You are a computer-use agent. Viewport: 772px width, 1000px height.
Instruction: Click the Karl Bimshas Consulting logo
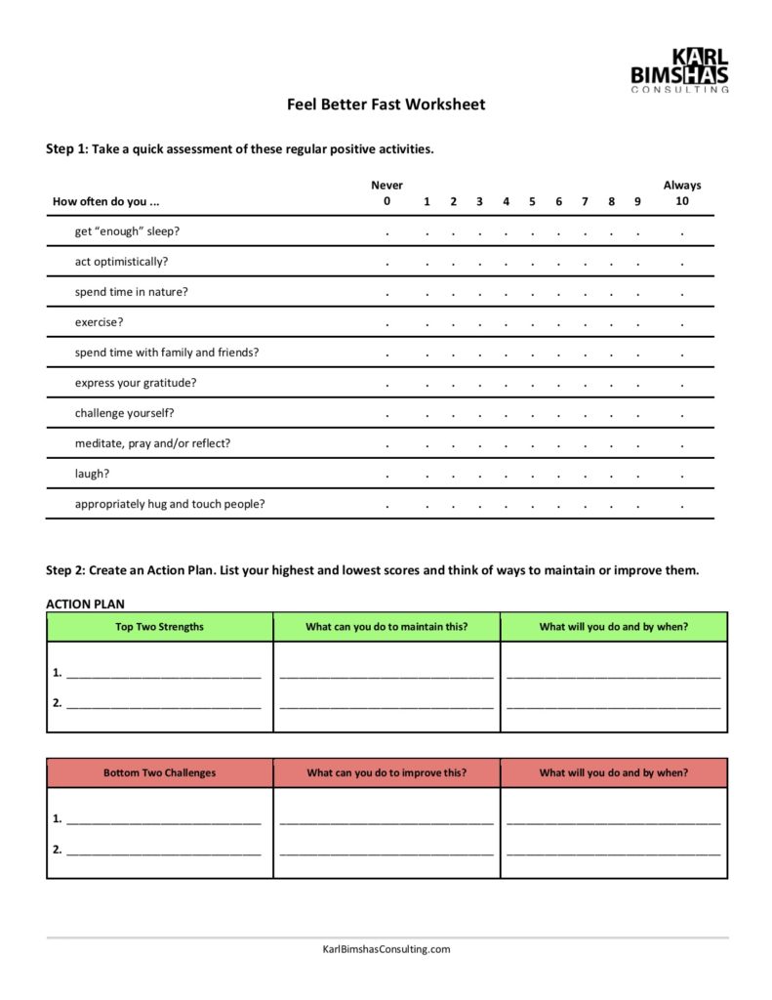tap(679, 69)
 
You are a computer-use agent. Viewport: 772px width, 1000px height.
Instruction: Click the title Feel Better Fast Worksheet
tap(386, 104)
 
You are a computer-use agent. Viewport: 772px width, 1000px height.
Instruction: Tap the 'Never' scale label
tap(386, 186)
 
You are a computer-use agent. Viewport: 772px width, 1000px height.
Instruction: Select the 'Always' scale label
tap(681, 186)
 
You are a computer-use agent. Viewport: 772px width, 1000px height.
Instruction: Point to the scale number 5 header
tap(532, 202)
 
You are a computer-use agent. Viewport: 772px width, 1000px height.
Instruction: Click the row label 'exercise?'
tap(100, 322)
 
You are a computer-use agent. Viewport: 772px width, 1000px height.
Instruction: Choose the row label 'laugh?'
tap(92, 474)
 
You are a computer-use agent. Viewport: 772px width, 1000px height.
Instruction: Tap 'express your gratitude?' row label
tap(136, 383)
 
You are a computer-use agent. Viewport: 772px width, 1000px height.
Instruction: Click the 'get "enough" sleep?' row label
tap(127, 231)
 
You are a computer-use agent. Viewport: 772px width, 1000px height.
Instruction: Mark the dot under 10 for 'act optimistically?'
tap(682, 264)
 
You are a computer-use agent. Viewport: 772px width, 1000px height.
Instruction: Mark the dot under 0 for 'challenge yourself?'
tap(386, 415)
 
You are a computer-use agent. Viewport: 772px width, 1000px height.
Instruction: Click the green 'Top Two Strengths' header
tap(160, 627)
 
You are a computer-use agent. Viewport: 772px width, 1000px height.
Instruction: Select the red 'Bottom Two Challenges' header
tap(160, 772)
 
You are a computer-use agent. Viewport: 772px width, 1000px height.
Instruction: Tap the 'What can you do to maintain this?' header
tap(386, 627)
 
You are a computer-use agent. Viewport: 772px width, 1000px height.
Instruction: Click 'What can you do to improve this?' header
tap(386, 772)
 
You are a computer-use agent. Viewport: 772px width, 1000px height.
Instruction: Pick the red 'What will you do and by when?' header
tap(614, 772)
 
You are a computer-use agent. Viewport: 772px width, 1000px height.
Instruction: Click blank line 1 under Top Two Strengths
tap(163, 674)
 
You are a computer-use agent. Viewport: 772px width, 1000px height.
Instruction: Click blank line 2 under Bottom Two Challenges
tap(163, 851)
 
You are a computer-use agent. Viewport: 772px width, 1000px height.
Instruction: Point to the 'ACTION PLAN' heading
tap(85, 604)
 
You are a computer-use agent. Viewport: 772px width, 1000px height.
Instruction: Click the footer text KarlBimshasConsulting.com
tap(386, 949)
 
